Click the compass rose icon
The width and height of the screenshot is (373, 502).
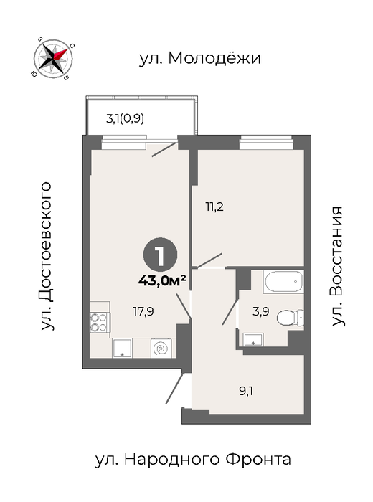coord(53,58)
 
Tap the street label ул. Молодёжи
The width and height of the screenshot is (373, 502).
coord(200,59)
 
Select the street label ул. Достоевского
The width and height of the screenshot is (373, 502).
coord(46,256)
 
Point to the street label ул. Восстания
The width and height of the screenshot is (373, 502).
coord(336,266)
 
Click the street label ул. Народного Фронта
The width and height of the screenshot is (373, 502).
coord(193,460)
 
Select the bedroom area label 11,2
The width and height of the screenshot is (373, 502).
coord(214,207)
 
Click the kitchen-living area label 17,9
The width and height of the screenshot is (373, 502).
coord(143,311)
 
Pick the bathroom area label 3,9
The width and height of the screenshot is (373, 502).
coord(261,311)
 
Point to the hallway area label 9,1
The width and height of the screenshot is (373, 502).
coord(246,391)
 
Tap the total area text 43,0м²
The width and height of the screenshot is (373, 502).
coord(162,281)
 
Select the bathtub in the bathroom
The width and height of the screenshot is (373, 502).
coord(283,282)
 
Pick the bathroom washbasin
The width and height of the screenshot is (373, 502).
coord(254,339)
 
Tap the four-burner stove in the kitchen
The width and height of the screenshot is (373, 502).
coord(98,323)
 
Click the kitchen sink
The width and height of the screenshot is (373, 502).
coord(122,348)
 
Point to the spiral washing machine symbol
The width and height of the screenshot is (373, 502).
coord(161,349)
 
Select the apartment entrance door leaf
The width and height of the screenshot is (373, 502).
coord(175,388)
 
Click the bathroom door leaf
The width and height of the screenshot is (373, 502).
coord(230,312)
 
